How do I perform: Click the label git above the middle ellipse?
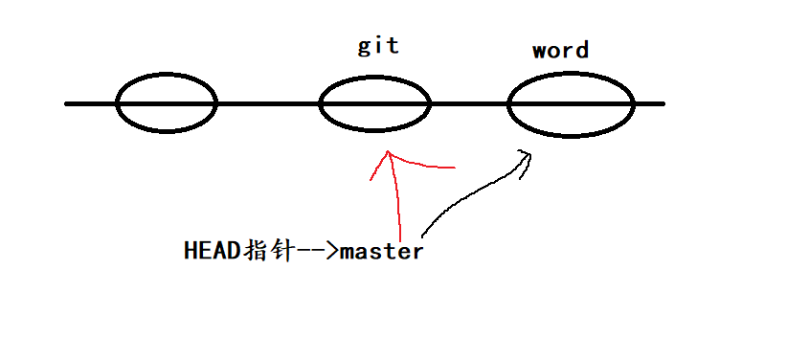(x=377, y=47)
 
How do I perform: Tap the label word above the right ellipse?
(x=560, y=50)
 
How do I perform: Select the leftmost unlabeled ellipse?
(x=167, y=102)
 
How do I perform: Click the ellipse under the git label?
(x=374, y=103)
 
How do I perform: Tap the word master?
(x=381, y=252)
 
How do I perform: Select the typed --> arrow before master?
(x=318, y=252)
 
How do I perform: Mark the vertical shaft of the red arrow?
(x=395, y=201)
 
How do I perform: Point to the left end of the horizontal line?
(x=67, y=102)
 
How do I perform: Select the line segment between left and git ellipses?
(x=268, y=102)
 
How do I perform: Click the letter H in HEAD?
(x=190, y=252)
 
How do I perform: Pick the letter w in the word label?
(x=541, y=51)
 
